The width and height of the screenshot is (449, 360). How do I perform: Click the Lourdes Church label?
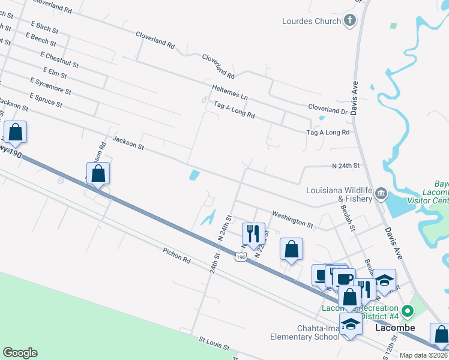click(x=312, y=21)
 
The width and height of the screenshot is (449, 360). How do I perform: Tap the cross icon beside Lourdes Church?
click(x=350, y=21)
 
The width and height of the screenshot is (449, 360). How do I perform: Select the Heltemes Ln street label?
click(x=229, y=92)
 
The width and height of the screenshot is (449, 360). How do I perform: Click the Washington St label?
click(x=292, y=218)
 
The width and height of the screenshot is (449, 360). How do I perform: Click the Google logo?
click(x=20, y=353)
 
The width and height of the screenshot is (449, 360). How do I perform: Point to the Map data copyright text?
click(x=423, y=355)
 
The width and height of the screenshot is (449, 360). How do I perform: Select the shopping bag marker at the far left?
click(x=16, y=133)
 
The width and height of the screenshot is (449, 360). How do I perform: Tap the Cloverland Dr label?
click(x=328, y=110)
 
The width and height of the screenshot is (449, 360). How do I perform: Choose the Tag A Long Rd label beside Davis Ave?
click(x=328, y=132)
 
